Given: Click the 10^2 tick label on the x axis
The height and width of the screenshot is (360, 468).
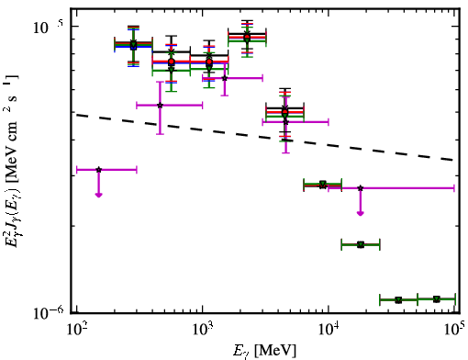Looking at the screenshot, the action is pos(77,332).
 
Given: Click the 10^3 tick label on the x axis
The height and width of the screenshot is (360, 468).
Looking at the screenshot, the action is pos(204,332).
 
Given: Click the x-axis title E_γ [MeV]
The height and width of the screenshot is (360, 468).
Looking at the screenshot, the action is pos(264,351).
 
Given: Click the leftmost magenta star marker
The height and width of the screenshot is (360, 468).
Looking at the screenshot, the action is pos(98,170).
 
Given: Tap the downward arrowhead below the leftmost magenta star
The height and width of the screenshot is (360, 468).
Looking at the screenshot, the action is pos(98,195).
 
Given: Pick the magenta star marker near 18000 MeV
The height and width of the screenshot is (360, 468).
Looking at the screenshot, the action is pos(361,188).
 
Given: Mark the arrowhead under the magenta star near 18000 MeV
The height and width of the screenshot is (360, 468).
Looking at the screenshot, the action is pos(361,213).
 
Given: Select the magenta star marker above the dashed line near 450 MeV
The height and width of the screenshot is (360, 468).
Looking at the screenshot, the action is pos(160,106).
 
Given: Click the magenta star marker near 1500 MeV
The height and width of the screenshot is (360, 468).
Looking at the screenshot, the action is pos(225,78).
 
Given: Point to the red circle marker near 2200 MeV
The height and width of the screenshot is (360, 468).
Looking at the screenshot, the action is pos(247,38).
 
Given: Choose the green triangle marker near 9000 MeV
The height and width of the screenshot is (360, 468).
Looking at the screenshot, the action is pos(322,184).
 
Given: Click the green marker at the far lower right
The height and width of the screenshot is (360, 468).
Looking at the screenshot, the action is pos(437,299).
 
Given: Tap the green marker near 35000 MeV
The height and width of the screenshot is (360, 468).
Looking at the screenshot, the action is pos(398,300).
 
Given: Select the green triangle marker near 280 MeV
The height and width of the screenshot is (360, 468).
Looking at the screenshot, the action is pos(133,44).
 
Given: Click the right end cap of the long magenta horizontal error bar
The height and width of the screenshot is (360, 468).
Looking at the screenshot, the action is pos(454,188).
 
